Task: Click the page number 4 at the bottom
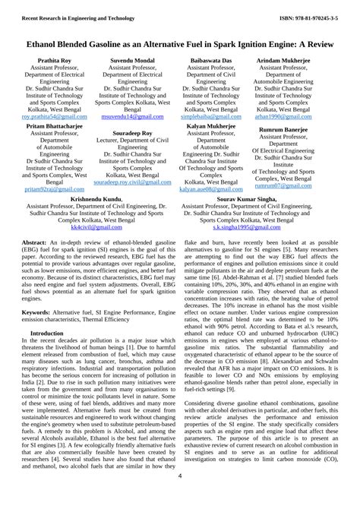180,498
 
